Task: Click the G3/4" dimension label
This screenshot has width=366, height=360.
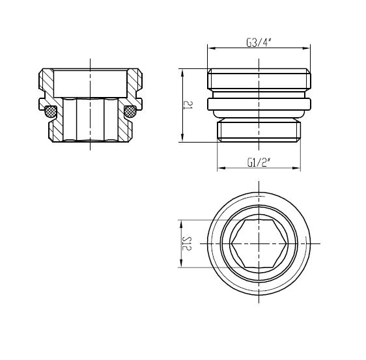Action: coord(259,42)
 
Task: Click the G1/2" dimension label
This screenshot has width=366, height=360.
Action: coord(259,162)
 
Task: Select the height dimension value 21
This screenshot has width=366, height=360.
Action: coord(188,105)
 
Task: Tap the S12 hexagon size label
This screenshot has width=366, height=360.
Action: coord(187,243)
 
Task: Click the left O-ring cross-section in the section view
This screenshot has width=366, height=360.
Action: coord(50,111)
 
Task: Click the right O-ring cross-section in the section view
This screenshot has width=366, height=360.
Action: coord(130,111)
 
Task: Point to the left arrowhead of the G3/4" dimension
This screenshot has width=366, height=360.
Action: coord(212,48)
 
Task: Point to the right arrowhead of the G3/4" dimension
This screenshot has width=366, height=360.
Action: coord(306,48)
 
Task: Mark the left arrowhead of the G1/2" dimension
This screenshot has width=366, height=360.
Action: coord(221,168)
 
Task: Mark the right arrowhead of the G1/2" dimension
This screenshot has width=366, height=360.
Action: coord(296,168)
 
